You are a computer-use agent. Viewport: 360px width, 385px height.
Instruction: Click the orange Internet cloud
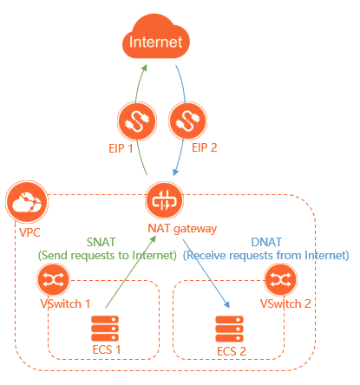click(157, 41)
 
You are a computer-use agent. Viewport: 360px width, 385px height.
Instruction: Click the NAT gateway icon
click(161, 200)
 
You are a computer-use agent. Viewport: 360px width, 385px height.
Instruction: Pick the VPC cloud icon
click(23, 205)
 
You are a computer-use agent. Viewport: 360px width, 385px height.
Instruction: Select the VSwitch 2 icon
click(279, 280)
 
